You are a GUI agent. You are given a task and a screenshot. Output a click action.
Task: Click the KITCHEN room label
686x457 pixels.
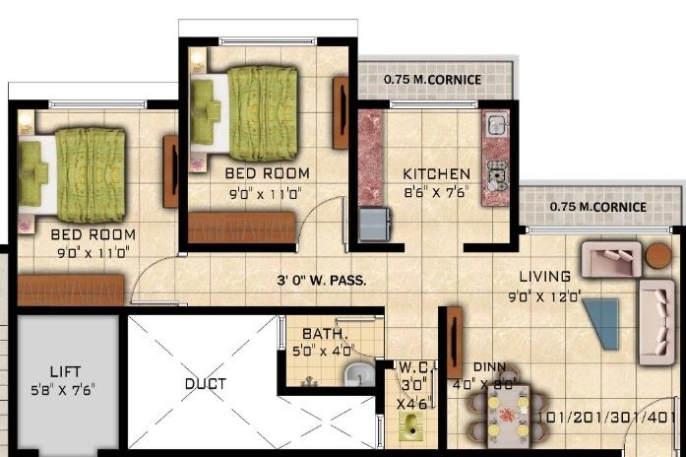(436, 174)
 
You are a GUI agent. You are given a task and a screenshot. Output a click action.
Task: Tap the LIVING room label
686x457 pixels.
(545, 277)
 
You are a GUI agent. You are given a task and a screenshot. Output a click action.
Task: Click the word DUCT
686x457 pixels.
(205, 383)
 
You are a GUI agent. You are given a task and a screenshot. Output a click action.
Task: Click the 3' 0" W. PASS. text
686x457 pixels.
(321, 281)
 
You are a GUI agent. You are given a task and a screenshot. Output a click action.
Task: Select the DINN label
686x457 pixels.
(489, 366)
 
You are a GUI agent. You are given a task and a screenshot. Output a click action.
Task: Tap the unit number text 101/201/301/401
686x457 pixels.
(610, 416)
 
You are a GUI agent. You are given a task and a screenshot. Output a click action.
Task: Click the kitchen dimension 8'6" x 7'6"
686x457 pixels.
(436, 192)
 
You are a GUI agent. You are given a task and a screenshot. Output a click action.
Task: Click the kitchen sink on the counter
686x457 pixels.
(495, 125)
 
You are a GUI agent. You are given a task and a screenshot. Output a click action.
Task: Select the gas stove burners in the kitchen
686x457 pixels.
(495, 174)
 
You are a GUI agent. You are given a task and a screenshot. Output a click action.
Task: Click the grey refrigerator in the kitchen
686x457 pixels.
(373, 225)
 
